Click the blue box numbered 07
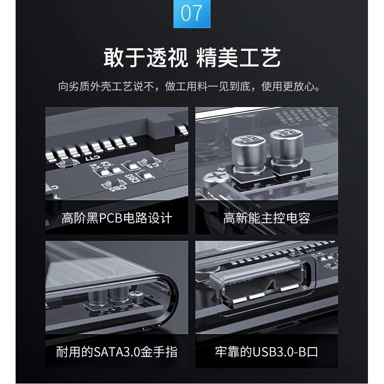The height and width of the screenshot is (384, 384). (x=192, y=13)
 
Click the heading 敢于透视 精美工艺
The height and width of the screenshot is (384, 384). (x=192, y=58)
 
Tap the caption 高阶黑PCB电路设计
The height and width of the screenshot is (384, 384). (x=117, y=218)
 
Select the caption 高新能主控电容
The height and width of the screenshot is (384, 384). (x=267, y=218)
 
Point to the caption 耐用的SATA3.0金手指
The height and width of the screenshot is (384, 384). (x=117, y=352)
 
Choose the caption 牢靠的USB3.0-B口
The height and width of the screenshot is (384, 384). (x=267, y=352)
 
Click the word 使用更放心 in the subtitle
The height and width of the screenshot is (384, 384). (x=291, y=87)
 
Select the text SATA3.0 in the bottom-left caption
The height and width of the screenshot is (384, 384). (x=117, y=352)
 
